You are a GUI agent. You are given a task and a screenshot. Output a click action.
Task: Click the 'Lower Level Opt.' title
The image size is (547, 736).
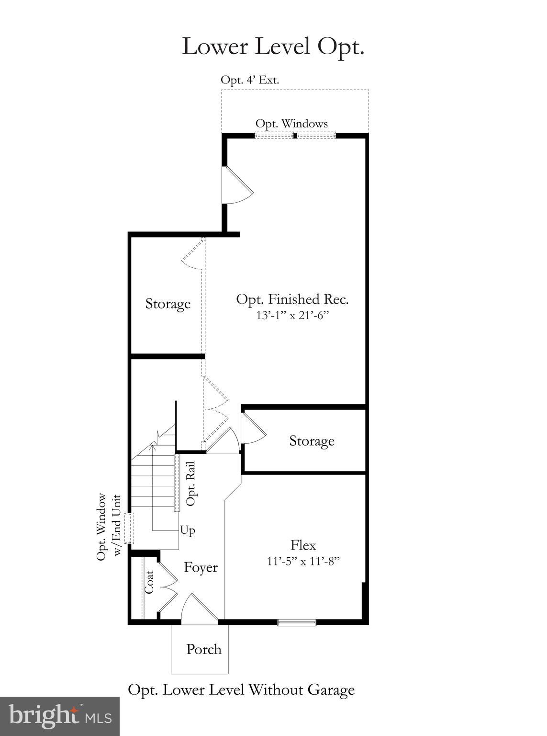pyautogui.click(x=273, y=46)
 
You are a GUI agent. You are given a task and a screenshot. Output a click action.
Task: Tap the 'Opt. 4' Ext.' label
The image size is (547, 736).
pyautogui.click(x=249, y=80)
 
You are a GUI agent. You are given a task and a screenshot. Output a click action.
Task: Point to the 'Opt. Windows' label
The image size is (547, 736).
pyautogui.click(x=291, y=124)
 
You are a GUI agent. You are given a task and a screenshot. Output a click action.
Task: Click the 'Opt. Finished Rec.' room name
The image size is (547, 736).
pyautogui.click(x=292, y=299)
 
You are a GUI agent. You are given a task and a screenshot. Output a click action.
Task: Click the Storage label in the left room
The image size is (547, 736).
pyautogui.click(x=167, y=304)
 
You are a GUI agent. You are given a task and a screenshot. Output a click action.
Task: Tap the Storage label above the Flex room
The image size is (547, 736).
pyautogui.click(x=312, y=441)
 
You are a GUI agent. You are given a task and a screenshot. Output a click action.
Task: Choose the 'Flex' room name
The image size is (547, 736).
pyautogui.click(x=303, y=545)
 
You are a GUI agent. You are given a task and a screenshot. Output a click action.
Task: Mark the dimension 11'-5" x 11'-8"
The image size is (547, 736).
pyautogui.click(x=303, y=561)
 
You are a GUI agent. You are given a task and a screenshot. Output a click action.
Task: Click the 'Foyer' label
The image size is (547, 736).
pyautogui.click(x=201, y=568)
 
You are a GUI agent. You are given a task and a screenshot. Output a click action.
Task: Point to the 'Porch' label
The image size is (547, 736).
pyautogui.click(x=204, y=650)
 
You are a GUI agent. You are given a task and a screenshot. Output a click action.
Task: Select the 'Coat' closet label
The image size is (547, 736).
pyautogui.click(x=149, y=582)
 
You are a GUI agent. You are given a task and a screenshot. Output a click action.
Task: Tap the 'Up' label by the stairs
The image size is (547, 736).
pyautogui.click(x=188, y=530)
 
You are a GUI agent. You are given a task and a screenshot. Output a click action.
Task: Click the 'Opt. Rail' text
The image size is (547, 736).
pyautogui.click(x=191, y=483)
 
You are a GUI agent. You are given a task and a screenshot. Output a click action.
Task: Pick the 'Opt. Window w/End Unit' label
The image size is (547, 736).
pyautogui.click(x=109, y=527)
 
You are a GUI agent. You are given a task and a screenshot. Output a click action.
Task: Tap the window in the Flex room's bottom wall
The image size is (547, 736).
pyautogui.click(x=297, y=622)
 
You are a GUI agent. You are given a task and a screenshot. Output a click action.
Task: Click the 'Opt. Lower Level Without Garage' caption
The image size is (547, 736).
pyautogui.click(x=241, y=690)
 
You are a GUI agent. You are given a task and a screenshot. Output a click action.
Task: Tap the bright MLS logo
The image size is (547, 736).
pyautogui.click(x=60, y=716)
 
